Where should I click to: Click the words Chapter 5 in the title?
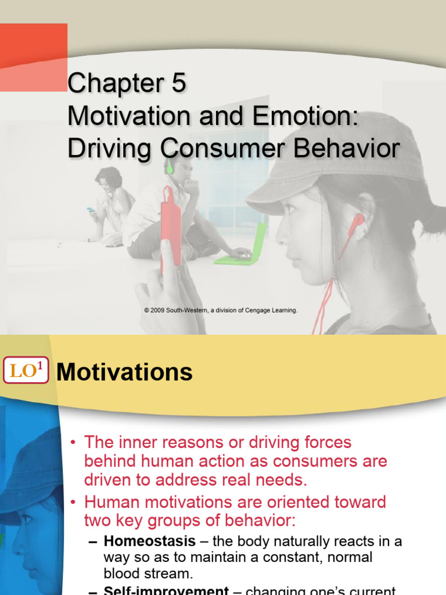(x=127, y=84)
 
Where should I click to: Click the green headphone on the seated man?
(x=170, y=167)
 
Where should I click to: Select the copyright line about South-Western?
(x=221, y=311)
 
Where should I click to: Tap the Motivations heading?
(x=124, y=372)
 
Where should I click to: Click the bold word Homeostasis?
(x=149, y=542)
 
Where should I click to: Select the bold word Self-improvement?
(x=166, y=590)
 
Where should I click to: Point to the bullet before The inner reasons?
(x=73, y=443)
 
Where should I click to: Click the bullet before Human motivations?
(x=73, y=502)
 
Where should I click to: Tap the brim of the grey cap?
(x=273, y=198)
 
